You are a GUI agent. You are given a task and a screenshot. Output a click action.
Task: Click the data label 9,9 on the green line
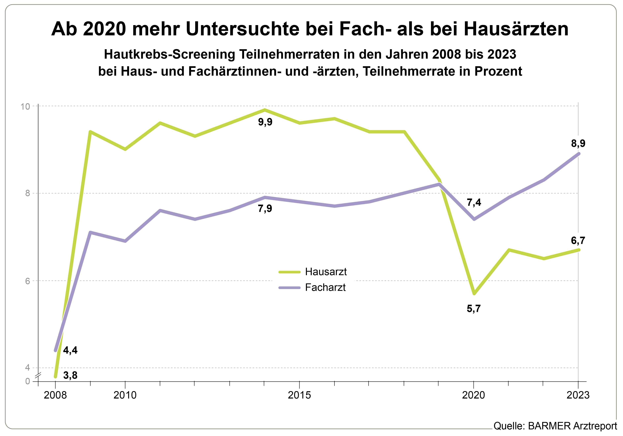[x=265, y=122]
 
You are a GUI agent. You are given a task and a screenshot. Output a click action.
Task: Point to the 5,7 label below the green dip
[x=474, y=309]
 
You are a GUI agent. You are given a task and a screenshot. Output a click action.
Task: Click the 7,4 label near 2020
[x=474, y=202]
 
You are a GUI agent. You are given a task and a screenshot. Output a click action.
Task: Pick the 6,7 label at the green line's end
[x=578, y=241]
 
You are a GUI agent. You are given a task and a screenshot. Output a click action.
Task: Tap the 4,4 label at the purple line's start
[x=70, y=350]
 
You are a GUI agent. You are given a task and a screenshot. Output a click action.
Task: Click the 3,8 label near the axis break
[x=70, y=375]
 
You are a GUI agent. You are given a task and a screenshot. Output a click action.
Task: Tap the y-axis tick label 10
[x=25, y=106]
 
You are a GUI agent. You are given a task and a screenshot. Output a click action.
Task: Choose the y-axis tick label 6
[x=27, y=281]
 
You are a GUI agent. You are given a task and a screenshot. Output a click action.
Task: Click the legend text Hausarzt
[x=326, y=272]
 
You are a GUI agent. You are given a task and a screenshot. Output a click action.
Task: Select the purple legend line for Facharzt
[x=290, y=288]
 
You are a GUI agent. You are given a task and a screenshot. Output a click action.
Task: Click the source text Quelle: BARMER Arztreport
[x=555, y=426]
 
